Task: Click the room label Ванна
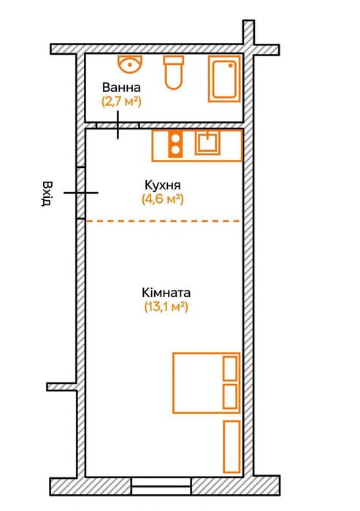(121, 88)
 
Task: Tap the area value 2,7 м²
(121, 101)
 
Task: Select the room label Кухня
(162, 185)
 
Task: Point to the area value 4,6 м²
(162, 199)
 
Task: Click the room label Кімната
(166, 293)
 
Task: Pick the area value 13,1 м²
(166, 307)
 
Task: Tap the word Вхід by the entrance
(47, 194)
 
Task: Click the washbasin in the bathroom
(130, 64)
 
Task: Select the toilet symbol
(173, 72)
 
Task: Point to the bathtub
(224, 79)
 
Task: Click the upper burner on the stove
(175, 138)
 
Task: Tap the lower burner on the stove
(175, 150)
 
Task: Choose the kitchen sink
(207, 143)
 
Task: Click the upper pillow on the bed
(230, 369)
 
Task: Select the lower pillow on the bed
(230, 396)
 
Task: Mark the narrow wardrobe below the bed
(232, 447)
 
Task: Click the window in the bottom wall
(161, 486)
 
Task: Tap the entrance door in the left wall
(81, 193)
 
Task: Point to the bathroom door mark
(118, 125)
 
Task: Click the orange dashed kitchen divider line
(162, 221)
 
